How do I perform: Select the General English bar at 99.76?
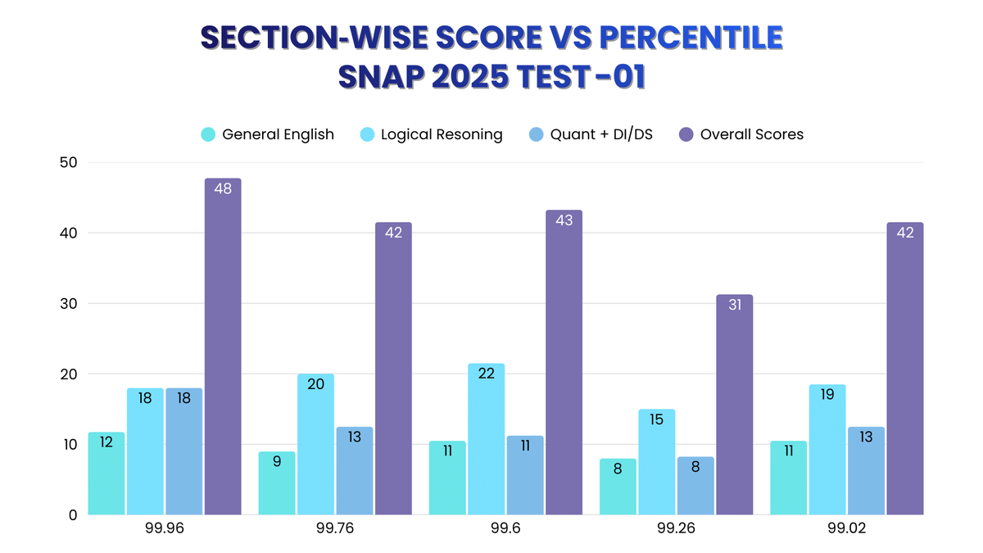277,483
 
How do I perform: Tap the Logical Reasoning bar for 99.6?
486,439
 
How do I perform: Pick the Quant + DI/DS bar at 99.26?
695,486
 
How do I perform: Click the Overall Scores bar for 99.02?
904,369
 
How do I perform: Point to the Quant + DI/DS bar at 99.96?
183,451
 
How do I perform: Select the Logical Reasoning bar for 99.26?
656,462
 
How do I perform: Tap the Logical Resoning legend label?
442,134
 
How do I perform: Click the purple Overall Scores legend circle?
686,134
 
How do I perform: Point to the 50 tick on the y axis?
68,162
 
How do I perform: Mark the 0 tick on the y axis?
72,515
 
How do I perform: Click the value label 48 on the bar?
223,188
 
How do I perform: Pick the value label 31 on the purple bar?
735,305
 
